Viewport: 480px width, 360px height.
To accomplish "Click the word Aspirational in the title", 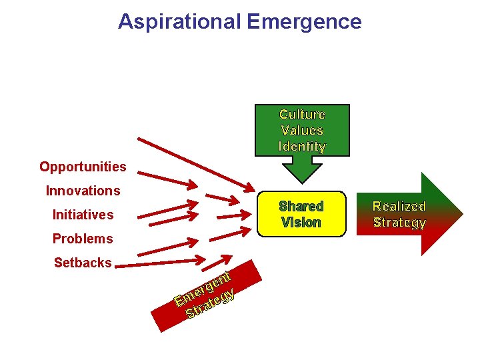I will (179, 21).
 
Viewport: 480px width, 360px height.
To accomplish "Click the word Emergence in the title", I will (303, 21).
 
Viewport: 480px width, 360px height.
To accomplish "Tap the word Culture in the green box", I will (302, 115).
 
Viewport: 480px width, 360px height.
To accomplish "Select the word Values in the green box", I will (302, 131).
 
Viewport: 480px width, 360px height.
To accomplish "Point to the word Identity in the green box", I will (302, 146).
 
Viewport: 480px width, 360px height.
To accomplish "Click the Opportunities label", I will (83, 167).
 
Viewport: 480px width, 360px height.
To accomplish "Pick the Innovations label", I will (83, 191).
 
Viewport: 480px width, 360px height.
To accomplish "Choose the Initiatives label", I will (83, 215).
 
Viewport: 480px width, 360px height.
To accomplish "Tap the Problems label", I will (83, 239).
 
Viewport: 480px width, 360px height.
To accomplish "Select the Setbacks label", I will (83, 263).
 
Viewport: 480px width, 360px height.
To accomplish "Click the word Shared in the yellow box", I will (301, 207).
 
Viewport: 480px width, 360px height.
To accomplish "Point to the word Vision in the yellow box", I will (301, 223).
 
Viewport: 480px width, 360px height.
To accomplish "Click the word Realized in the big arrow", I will (399, 207).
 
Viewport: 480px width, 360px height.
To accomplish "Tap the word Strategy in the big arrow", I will (399, 223).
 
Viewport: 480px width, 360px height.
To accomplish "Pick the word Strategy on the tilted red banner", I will (211, 303).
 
